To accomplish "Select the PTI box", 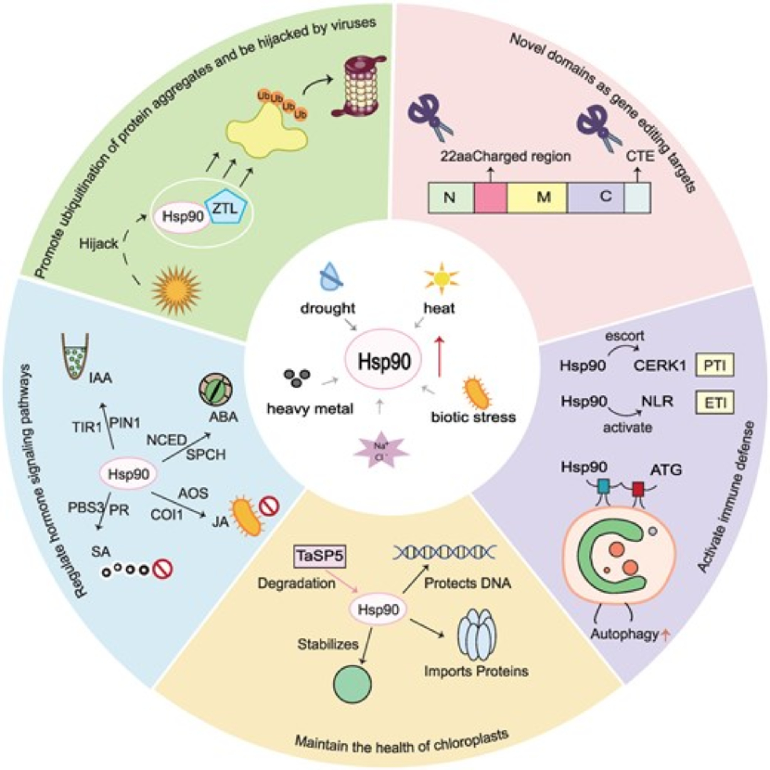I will (x=715, y=365).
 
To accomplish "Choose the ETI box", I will (x=715, y=402).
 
